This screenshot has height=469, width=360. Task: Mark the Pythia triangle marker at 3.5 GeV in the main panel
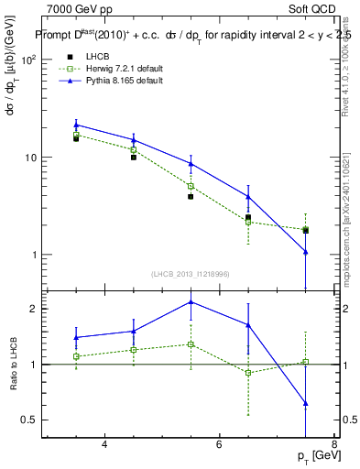coord(76,125)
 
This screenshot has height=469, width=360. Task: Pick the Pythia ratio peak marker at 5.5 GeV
coord(191,301)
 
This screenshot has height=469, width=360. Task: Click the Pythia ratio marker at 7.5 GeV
coord(305,403)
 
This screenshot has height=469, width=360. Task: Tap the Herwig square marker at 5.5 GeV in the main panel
coord(191,186)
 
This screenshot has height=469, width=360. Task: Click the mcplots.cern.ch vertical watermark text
coord(346,220)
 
